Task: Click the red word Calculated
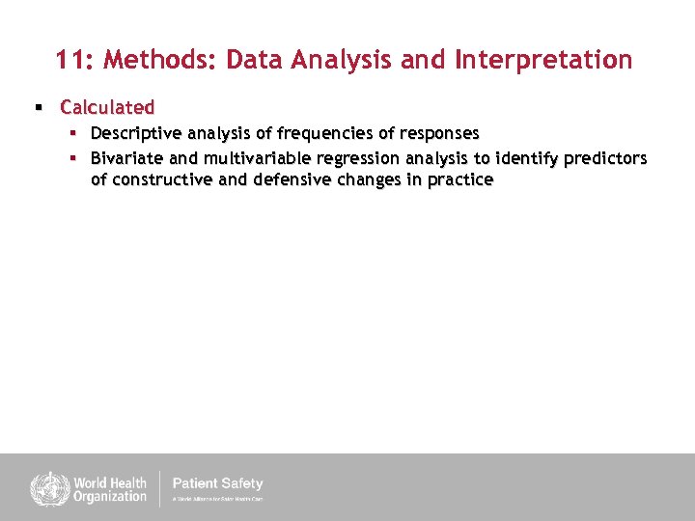[107, 107]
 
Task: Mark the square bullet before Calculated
[40, 107]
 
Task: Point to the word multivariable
[258, 157]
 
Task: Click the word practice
[459, 180]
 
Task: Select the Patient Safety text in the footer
[217, 483]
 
